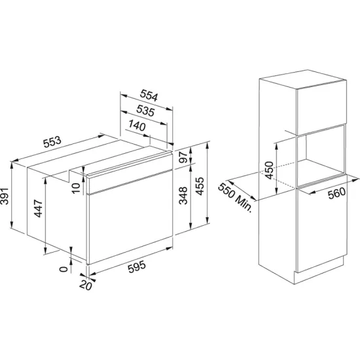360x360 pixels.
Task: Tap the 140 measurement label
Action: (x=136, y=126)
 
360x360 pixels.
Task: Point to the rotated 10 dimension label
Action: (x=76, y=188)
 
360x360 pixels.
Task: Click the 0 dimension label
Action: (x=62, y=268)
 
